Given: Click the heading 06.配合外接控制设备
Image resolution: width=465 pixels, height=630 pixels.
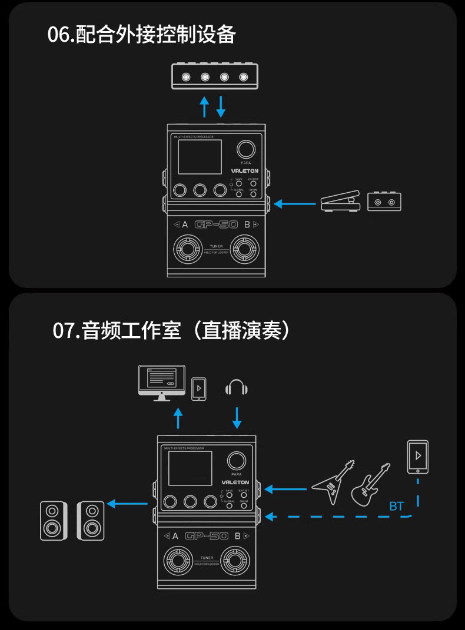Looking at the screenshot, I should tap(141, 35).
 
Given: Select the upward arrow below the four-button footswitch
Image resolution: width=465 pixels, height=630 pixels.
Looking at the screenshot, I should tap(204, 106).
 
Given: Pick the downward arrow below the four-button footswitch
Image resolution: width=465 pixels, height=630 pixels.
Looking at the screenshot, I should tap(221, 106).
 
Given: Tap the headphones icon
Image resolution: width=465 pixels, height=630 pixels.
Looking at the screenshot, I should tap(237, 388).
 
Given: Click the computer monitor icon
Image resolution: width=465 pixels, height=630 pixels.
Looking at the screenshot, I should tap(161, 383).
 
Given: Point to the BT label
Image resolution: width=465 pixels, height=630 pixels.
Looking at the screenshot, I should tap(396, 506).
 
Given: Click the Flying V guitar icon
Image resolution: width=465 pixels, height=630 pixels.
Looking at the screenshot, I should tap(333, 482).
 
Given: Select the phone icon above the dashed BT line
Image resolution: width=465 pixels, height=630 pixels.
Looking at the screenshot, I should tap(418, 457).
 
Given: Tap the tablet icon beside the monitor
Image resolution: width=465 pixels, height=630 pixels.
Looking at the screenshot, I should tap(199, 389).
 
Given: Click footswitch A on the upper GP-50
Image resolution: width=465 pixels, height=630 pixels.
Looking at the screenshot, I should tap(188, 250).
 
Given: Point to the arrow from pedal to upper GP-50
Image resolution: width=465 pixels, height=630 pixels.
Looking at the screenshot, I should tap(295, 204).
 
